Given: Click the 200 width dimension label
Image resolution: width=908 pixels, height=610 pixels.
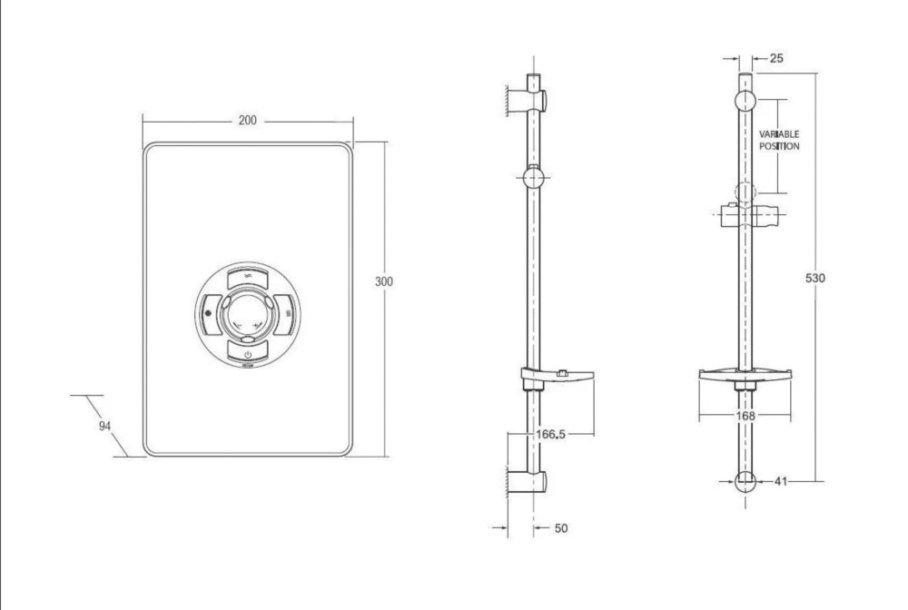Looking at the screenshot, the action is coord(247,121).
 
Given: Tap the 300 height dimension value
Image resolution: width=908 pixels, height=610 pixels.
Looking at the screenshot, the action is coord(384,281).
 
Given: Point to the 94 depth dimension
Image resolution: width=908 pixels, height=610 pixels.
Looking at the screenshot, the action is coord(104,426).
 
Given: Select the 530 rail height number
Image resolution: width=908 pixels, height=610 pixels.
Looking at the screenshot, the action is coord(815,278).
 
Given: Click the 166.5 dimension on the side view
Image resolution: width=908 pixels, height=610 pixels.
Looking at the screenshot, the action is coord(550,434).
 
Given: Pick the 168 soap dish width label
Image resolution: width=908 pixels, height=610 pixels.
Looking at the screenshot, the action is coord(745,416).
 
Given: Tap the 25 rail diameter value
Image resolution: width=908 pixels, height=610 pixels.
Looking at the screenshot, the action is coord(776,58).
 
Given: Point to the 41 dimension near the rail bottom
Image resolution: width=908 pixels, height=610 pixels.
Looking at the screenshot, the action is coord(781,481).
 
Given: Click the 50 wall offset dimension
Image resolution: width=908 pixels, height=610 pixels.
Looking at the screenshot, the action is coord(561,527).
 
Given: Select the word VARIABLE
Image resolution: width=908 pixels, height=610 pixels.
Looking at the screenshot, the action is coord(779,134).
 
